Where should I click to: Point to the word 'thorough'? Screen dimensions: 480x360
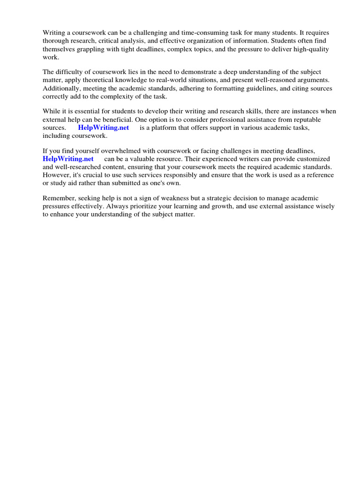(55, 41)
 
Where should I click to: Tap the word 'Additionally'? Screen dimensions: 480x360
(61, 88)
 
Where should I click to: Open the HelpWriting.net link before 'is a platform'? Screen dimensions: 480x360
(103, 127)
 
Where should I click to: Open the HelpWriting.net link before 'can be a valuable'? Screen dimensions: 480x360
(68, 159)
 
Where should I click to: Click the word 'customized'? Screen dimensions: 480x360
(314, 159)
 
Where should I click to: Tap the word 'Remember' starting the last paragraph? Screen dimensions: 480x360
(58, 198)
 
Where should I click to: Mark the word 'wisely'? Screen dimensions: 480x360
(335, 206)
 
